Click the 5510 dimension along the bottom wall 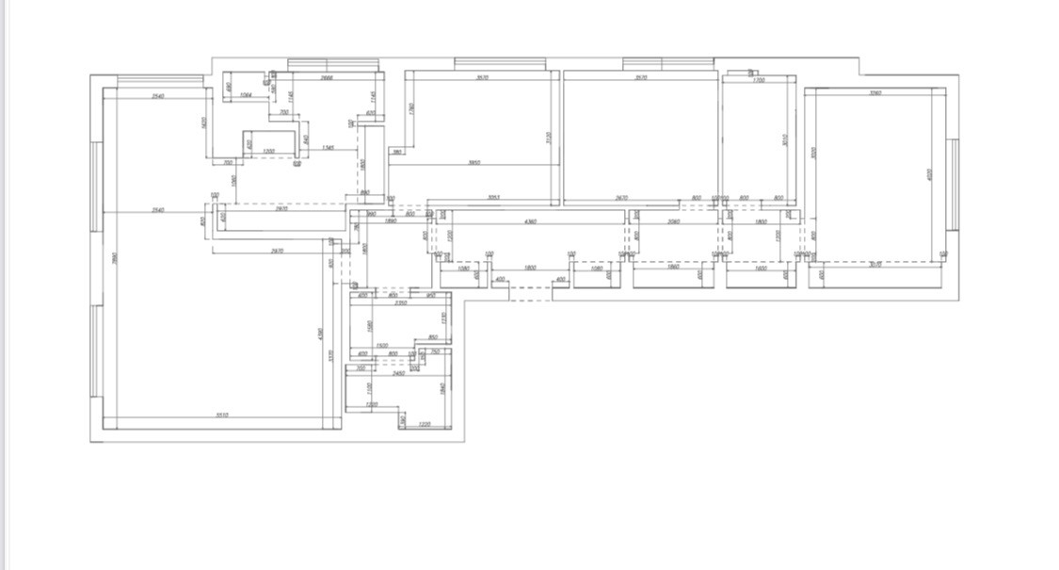(x=222, y=415)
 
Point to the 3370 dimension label (x=330, y=355)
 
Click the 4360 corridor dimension (x=530, y=221)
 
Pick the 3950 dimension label (x=474, y=163)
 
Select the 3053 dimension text (x=493, y=197)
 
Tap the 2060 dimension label (x=673, y=221)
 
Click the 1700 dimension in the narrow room (x=759, y=80)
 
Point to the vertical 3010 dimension (x=785, y=140)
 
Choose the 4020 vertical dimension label (x=929, y=175)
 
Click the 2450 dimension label (x=399, y=373)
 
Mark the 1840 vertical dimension (x=441, y=386)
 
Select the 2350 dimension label (x=400, y=303)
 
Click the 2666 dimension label (x=327, y=78)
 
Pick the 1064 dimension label (x=246, y=95)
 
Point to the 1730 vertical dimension (x=443, y=319)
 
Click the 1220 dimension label (x=424, y=424)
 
